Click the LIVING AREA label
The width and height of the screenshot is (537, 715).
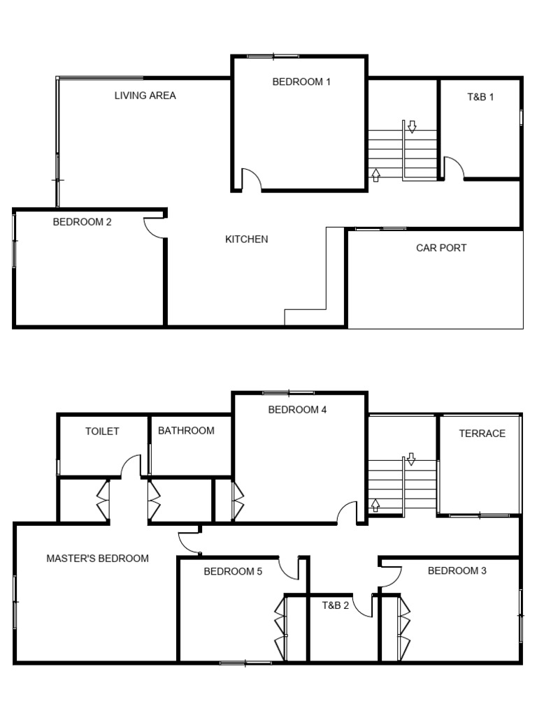pos(145,96)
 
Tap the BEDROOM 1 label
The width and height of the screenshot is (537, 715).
pos(301,82)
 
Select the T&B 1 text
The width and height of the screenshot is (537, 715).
pos(480,97)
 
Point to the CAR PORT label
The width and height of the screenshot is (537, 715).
pos(441,248)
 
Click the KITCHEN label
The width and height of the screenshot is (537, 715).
pos(246,239)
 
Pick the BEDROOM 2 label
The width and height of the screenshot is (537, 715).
pos(82,223)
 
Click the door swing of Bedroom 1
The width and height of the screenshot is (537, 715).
pos(250,180)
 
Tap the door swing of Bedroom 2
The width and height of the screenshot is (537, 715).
pos(155,228)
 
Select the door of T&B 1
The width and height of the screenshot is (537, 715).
pos(453,168)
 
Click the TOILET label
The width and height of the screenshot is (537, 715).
pos(102,432)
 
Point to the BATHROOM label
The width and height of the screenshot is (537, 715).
pos(186,431)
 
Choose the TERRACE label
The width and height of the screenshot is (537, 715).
pos(482,434)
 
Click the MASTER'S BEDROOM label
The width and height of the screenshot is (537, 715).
pos(97,559)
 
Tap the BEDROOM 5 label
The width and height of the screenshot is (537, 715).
pos(233,572)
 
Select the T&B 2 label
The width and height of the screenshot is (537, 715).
pos(336,605)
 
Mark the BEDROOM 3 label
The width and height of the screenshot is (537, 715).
pos(457,570)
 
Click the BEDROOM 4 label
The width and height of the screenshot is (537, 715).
pos(297,410)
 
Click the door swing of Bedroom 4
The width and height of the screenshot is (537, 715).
pos(348,513)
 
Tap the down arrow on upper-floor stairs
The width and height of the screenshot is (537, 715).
pos(411,459)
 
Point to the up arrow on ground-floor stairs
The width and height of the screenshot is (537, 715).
pos(375,175)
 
